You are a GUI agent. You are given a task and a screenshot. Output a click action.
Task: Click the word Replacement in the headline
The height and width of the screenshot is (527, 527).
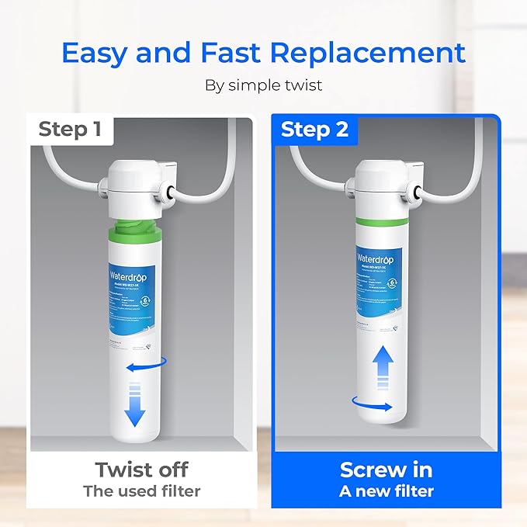click(x=376, y=53)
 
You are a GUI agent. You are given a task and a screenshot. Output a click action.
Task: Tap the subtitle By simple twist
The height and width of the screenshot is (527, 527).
click(x=263, y=85)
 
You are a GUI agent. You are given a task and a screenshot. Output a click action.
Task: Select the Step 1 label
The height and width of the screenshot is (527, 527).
click(x=70, y=129)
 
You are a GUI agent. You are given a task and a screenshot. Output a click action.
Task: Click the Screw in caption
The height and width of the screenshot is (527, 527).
click(x=386, y=470)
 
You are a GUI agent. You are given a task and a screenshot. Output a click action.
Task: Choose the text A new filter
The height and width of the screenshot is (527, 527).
click(x=386, y=491)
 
